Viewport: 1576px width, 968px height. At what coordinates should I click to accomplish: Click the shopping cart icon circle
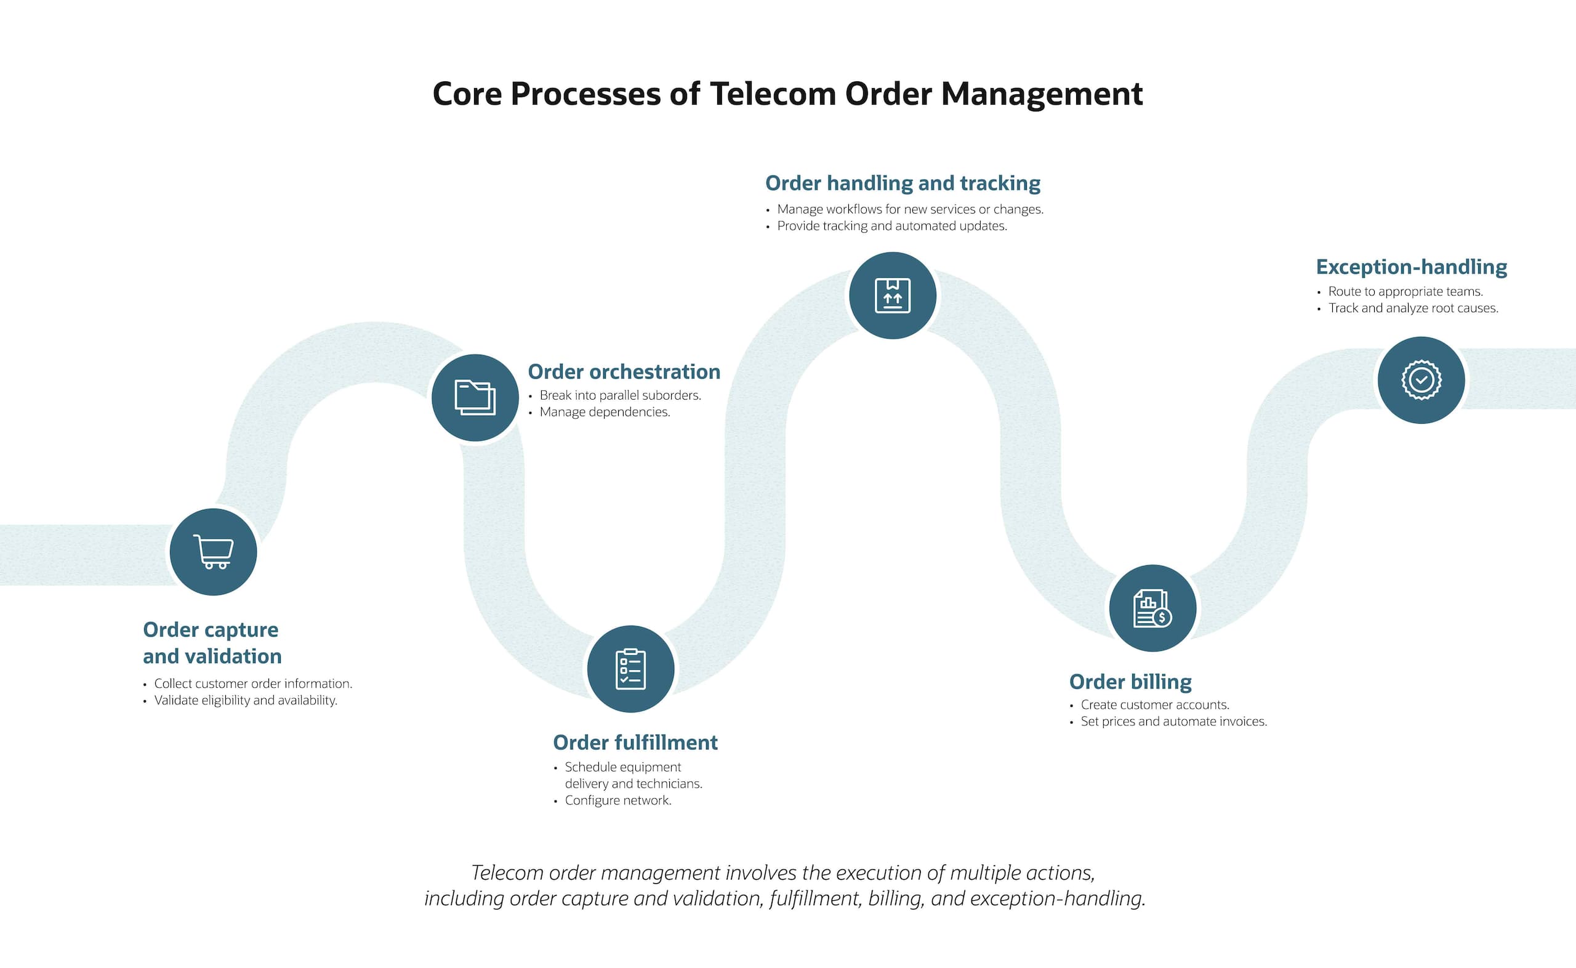click(213, 552)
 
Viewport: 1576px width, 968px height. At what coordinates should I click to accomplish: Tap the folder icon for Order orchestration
click(475, 398)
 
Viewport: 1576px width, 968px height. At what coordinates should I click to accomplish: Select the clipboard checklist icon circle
click(630, 669)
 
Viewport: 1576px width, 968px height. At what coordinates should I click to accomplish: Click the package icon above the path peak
click(893, 296)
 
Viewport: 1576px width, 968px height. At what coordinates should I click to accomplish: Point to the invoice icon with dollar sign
click(1152, 608)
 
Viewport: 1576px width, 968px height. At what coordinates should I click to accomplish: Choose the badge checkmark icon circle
click(1421, 381)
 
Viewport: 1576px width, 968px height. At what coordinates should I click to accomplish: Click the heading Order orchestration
click(624, 372)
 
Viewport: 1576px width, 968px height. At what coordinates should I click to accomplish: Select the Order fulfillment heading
click(635, 743)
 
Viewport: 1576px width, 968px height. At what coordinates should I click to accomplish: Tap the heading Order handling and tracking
click(903, 184)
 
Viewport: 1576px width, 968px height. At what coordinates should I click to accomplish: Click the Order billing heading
click(1130, 682)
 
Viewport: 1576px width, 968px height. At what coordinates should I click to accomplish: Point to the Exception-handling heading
click(1411, 267)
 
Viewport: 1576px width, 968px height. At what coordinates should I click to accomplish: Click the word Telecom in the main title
click(773, 94)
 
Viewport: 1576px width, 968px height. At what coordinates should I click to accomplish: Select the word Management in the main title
click(1042, 94)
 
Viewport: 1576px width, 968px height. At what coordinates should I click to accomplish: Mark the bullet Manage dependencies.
click(605, 413)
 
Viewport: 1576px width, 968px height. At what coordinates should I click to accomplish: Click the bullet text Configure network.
click(617, 801)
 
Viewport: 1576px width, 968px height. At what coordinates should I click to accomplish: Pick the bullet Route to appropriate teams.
click(1405, 292)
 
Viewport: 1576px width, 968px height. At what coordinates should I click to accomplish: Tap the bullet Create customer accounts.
click(1155, 705)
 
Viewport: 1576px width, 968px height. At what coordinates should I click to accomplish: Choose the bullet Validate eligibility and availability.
click(246, 700)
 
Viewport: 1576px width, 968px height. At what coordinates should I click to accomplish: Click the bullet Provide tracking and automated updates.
click(892, 226)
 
